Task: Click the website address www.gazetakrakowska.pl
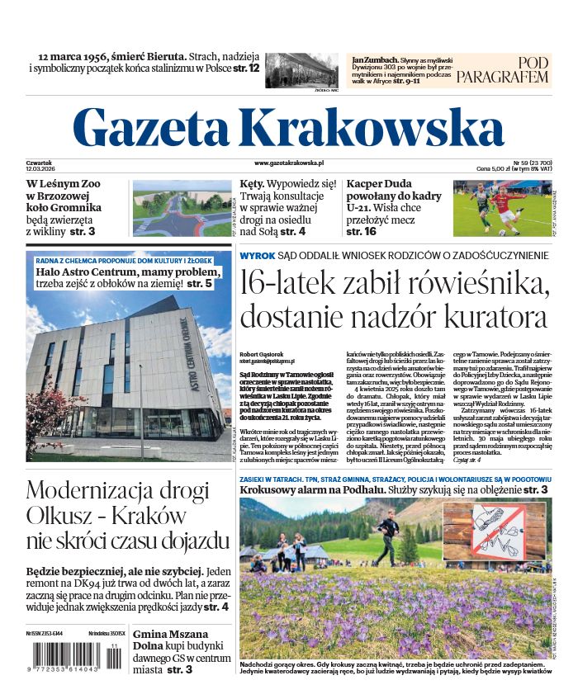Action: (x=289, y=164)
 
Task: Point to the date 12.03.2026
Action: (x=40, y=169)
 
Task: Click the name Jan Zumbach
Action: (x=369, y=60)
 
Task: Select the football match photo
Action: (x=501, y=210)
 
